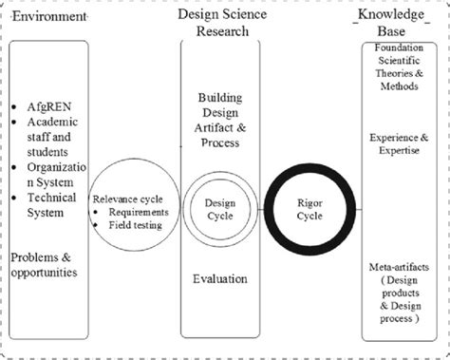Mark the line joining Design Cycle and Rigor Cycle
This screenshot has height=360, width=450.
coord(261,209)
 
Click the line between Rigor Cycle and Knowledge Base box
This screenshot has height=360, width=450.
coord(355,209)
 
